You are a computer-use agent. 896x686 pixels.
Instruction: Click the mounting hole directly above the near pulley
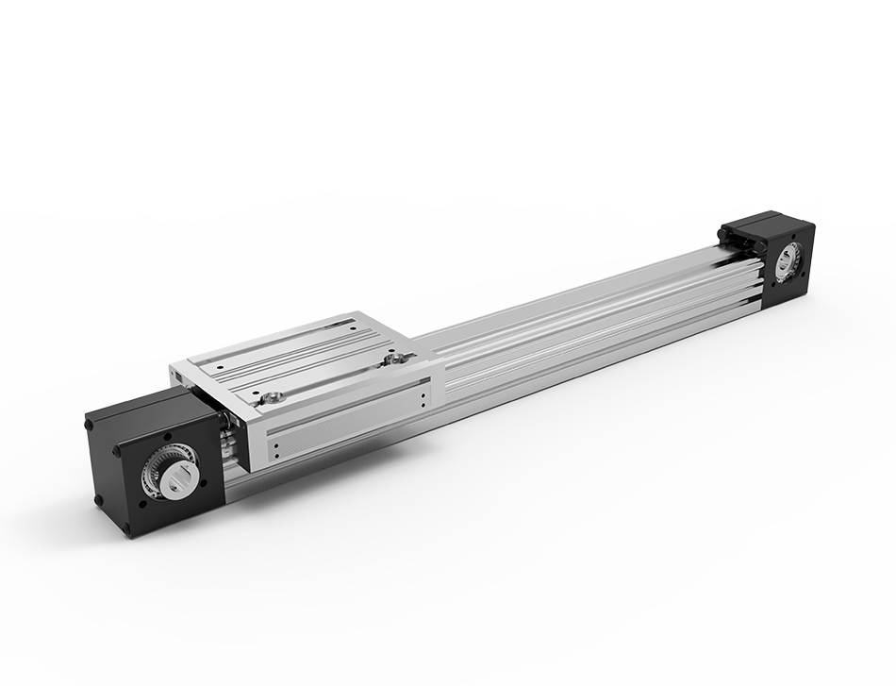point(166,438)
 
